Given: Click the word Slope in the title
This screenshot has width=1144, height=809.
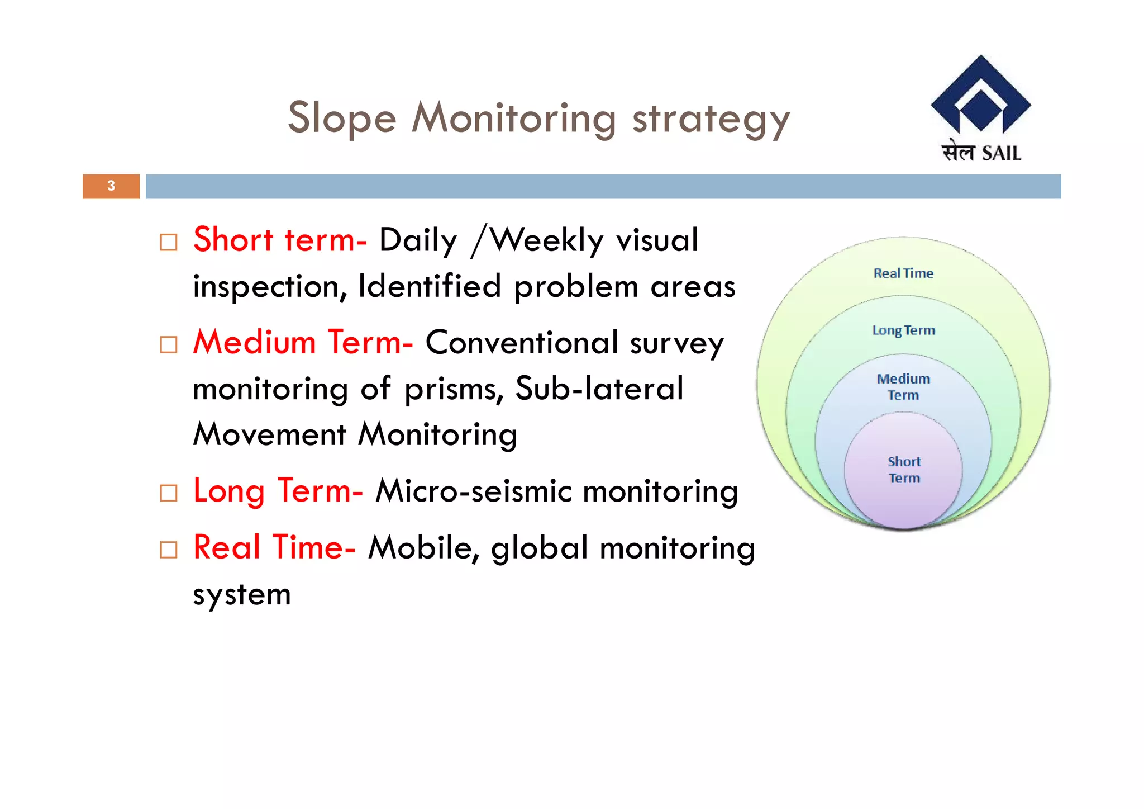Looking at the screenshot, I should [x=342, y=119].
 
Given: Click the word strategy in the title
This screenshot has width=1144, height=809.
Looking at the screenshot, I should [x=711, y=120].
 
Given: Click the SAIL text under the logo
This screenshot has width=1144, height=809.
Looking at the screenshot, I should [x=1001, y=153].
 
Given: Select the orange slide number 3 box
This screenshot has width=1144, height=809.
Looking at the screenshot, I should [x=111, y=186].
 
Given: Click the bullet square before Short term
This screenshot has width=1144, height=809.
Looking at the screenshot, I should [x=168, y=243].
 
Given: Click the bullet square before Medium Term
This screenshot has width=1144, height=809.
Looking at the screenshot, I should [x=168, y=344].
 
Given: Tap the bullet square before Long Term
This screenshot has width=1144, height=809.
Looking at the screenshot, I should [x=168, y=493].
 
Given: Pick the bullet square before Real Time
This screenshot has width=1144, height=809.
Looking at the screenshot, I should [x=168, y=550].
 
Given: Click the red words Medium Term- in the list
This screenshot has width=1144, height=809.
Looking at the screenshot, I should [x=303, y=342].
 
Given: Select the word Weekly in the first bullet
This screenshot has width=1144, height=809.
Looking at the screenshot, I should [x=547, y=240].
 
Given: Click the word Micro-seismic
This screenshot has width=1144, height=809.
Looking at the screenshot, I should [x=473, y=491].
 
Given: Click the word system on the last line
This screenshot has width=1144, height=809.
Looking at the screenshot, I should [x=241, y=595].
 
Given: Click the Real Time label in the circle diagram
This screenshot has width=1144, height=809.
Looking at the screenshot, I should [x=903, y=273].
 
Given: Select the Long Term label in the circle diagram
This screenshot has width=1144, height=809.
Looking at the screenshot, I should [x=903, y=330].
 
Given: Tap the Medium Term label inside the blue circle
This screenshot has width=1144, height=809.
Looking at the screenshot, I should [x=903, y=387].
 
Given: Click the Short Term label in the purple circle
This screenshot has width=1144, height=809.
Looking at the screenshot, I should [x=904, y=470].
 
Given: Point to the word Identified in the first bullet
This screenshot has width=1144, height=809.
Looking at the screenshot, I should [x=430, y=286].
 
